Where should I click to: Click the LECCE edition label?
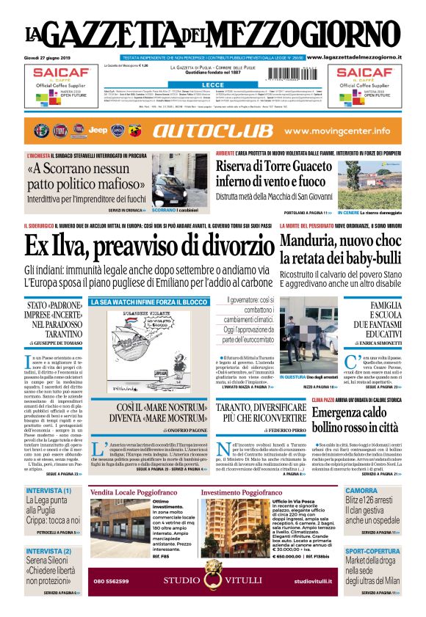click(x=213, y=85)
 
